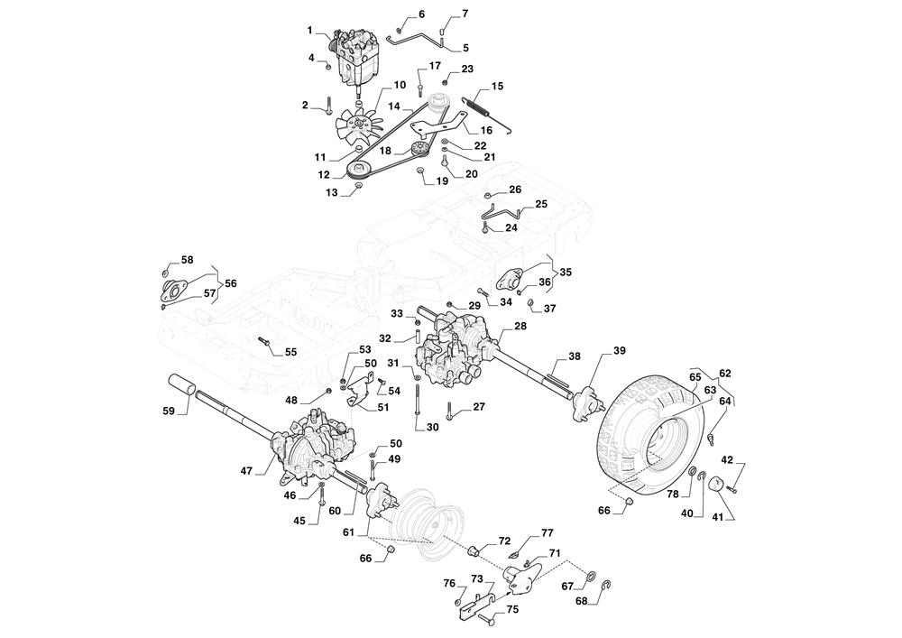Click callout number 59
tap(169, 411)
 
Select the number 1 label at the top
tap(309, 31)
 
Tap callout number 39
tap(619, 350)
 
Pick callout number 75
tap(512, 609)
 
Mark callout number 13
tap(332, 193)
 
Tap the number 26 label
tap(515, 190)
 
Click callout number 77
tap(547, 533)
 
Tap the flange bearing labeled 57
tap(172, 289)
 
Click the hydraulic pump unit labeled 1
tap(358, 54)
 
